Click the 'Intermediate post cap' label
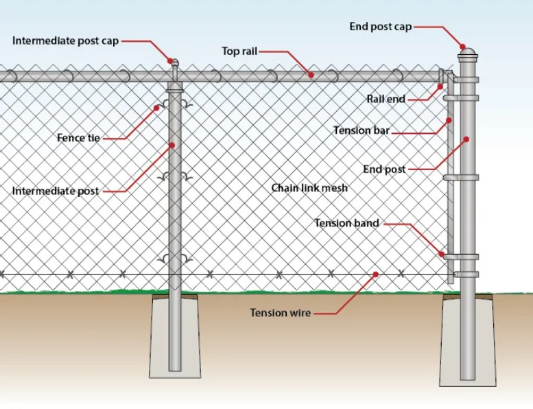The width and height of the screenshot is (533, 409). click(x=65, y=41)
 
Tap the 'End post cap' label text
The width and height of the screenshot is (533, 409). click(x=381, y=27)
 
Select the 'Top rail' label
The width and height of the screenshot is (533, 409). click(x=239, y=51)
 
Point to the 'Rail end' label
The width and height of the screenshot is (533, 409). click(x=386, y=100)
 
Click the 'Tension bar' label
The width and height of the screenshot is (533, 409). click(x=361, y=130)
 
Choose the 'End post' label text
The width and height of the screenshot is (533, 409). click(x=384, y=170)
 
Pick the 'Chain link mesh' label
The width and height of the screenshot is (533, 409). click(x=309, y=188)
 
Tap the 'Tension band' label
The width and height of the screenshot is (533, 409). click(x=346, y=223)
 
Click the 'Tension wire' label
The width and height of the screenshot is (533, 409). click(x=280, y=313)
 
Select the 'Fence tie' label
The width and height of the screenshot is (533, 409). click(x=78, y=138)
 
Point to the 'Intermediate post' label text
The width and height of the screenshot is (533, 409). click(x=56, y=191)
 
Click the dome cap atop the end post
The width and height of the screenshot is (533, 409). click(x=467, y=54)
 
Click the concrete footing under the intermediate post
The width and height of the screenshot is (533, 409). click(x=175, y=336)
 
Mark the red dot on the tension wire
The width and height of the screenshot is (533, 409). click(x=376, y=274)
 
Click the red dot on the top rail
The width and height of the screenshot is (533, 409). click(x=311, y=76)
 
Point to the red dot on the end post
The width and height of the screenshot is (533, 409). click(x=466, y=139)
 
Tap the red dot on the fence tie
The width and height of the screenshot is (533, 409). click(x=157, y=107)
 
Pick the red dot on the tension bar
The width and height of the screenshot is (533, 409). click(x=450, y=120)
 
